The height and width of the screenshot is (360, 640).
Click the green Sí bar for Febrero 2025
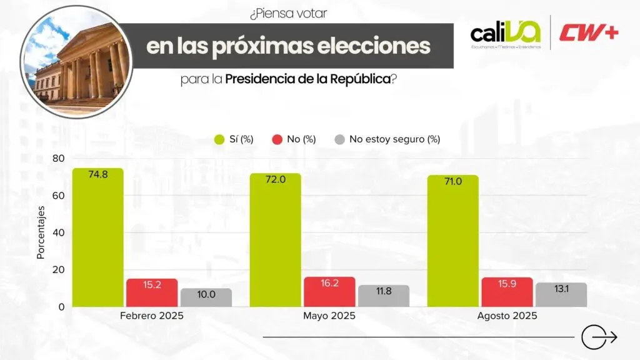tap(97, 237)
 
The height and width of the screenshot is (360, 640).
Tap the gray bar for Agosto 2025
tap(561, 295)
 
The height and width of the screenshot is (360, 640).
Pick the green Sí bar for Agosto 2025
tap(452, 241)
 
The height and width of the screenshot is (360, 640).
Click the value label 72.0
tap(275, 179)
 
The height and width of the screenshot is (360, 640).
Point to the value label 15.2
tap(151, 285)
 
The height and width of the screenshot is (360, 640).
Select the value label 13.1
tap(561, 289)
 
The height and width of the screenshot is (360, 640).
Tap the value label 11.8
tap(383, 291)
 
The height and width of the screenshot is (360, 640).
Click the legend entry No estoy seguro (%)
tap(394, 139)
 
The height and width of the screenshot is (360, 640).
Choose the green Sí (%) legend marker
tap(219, 139)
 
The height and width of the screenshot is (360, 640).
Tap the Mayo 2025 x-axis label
tap(329, 316)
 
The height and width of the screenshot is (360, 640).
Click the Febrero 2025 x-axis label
tap(152, 316)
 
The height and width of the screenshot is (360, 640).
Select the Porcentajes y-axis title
tap(41, 232)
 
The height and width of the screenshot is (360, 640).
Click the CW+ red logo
tap(588, 32)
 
